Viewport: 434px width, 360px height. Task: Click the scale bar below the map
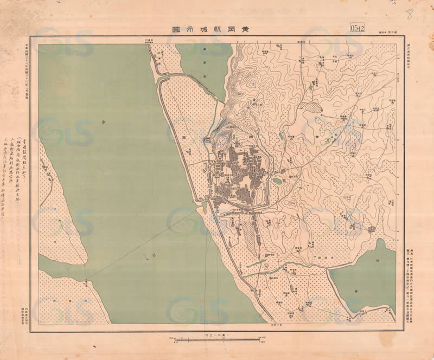click(217, 340)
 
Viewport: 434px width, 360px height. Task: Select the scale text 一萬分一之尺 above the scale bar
click(217, 335)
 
